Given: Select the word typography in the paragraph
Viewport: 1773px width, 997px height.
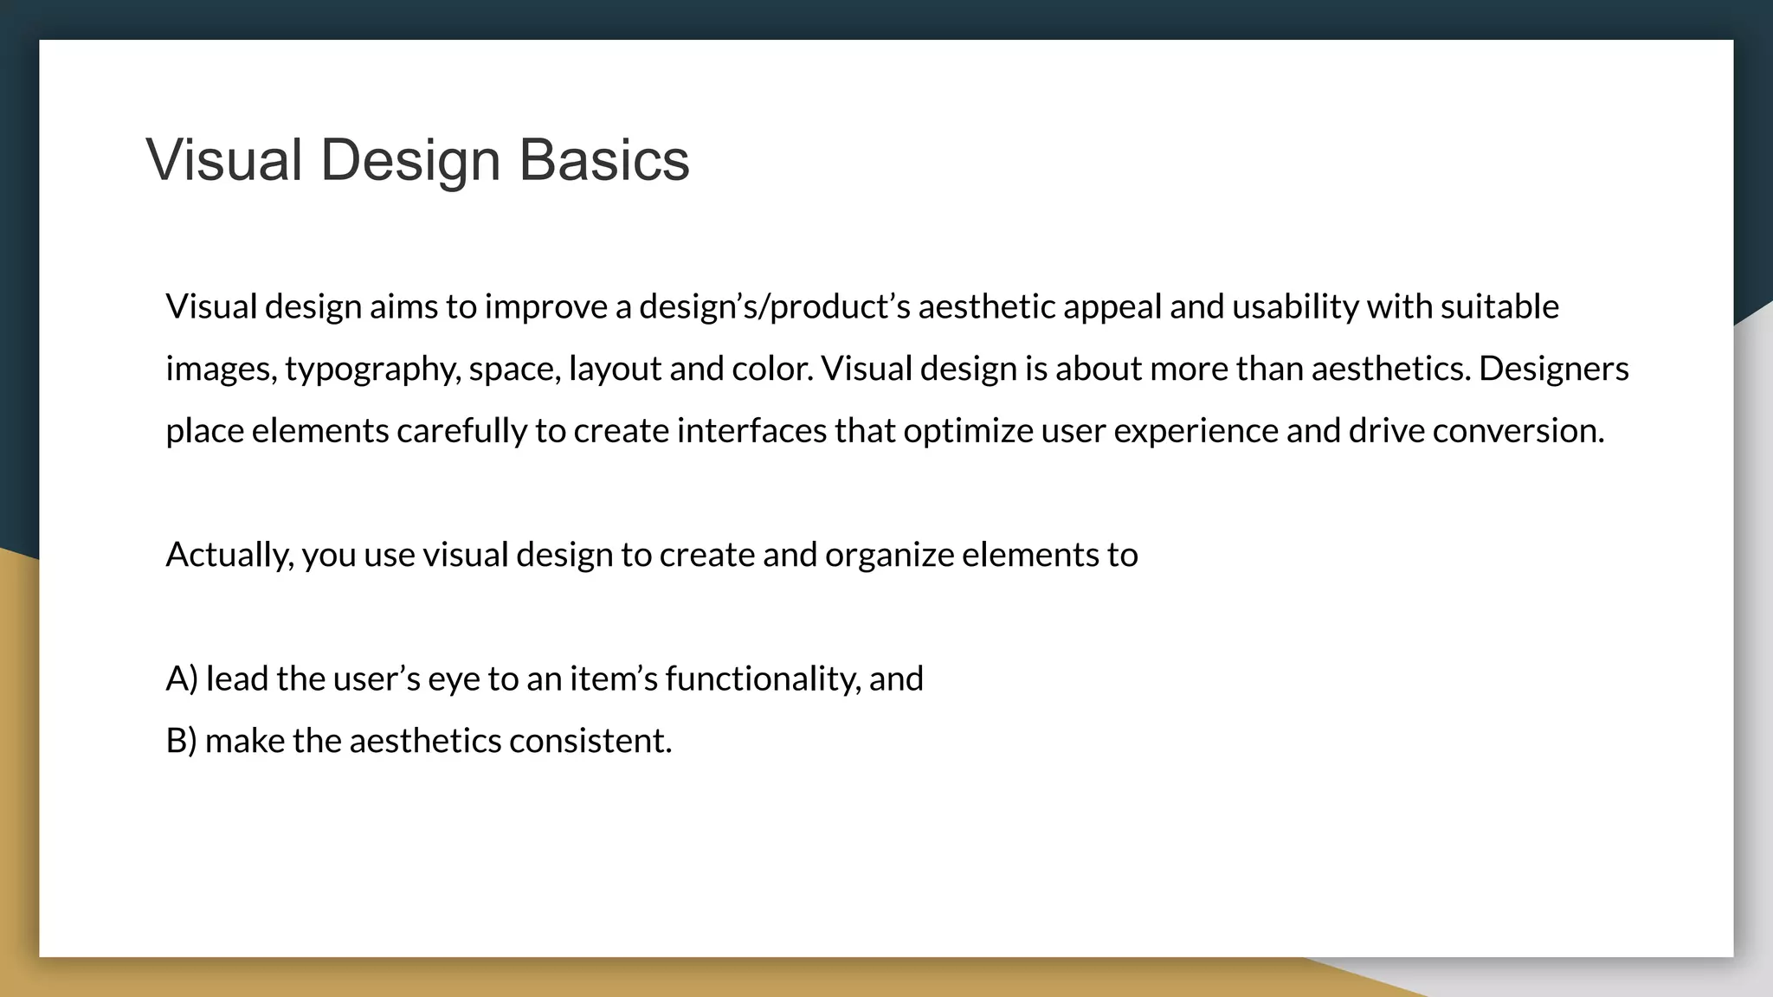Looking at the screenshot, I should click(372, 370).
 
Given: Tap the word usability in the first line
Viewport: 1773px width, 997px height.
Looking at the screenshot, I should click(1295, 306).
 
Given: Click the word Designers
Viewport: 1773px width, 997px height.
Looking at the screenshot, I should click(1553, 369).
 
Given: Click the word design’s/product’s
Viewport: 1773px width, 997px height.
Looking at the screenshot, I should click(774, 306).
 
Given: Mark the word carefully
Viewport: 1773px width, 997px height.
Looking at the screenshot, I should click(461, 431).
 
